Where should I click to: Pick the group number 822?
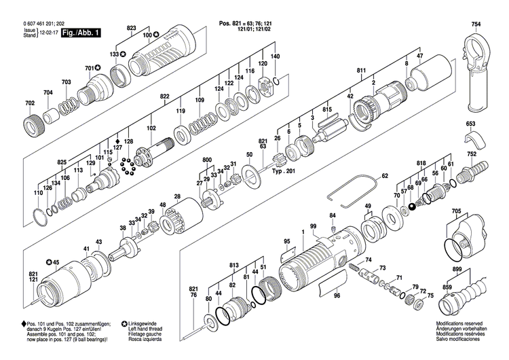[164, 97]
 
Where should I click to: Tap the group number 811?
[361, 70]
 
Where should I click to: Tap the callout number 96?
[337, 295]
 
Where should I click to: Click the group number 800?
[207, 159]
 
